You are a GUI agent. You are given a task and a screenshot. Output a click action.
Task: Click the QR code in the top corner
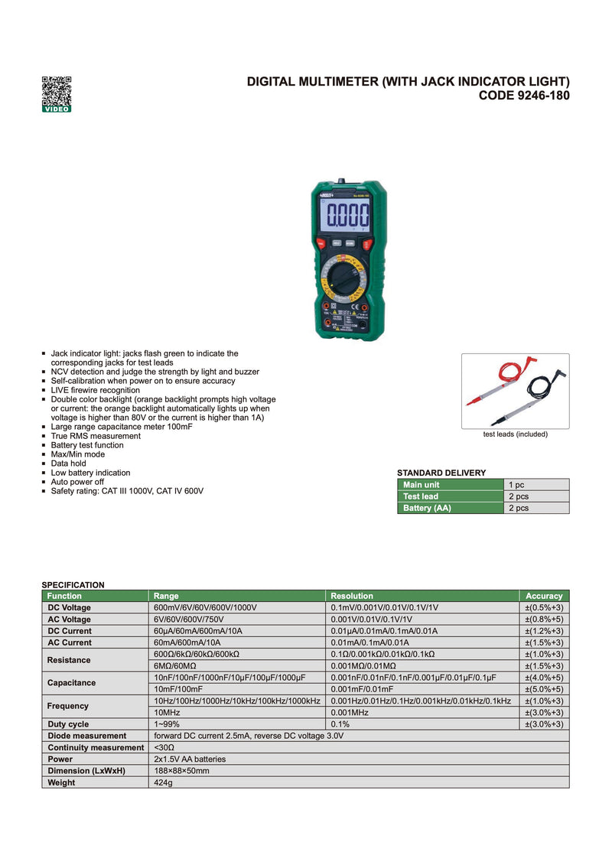coord(57,90)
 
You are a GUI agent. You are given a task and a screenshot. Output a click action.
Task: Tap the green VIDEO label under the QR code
coord(57,109)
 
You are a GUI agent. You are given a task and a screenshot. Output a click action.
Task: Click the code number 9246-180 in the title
coord(524,96)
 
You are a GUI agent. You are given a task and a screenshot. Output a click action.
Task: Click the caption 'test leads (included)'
coord(515,434)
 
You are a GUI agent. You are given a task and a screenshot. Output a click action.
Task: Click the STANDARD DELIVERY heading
coord(441,473)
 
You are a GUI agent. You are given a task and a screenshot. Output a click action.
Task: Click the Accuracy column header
coord(544,596)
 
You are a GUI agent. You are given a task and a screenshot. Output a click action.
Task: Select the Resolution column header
coord(352,596)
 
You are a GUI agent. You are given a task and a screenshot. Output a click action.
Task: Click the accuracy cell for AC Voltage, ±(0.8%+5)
coord(544,619)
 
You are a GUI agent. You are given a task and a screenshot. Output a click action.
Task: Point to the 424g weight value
coord(164,782)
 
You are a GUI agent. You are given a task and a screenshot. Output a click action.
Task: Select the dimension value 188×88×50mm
coord(182,771)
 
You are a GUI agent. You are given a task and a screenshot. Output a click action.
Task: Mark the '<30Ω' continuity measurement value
coord(164,747)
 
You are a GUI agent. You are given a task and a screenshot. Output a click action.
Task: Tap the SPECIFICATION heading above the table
coord(73,585)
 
